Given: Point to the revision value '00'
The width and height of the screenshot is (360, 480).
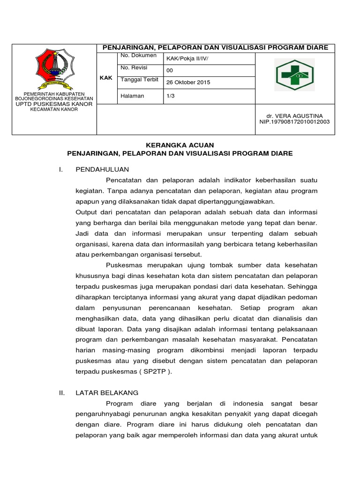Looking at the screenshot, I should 170,71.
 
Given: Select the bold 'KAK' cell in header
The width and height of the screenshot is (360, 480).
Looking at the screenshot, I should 106,78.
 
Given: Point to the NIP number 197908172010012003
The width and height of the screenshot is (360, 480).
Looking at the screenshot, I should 294,121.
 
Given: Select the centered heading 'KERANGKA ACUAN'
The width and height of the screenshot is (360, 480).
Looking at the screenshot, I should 180,146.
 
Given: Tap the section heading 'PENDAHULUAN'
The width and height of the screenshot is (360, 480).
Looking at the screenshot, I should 102,169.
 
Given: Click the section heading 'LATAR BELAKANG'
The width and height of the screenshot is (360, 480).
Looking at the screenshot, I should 107,393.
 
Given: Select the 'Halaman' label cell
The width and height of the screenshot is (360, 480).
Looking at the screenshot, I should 132,96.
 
